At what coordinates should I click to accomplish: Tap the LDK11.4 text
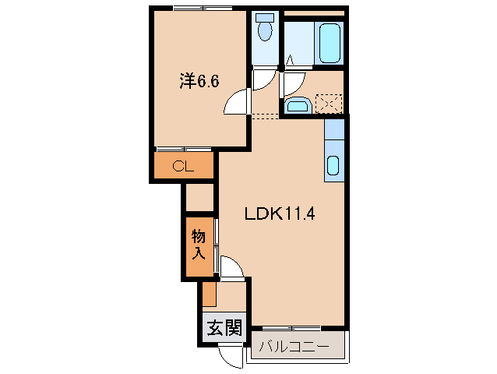coord(279,213)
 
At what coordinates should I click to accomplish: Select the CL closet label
coord(182,165)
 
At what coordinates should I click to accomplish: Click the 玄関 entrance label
coord(224,329)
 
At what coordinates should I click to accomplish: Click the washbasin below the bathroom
coord(297,106)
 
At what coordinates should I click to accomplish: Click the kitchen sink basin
coord(333,164)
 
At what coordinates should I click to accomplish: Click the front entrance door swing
coord(231,358)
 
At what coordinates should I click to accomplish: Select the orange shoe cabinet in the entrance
coord(209,293)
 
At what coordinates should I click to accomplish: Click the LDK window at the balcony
coord(291,327)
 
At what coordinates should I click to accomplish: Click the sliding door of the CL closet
coord(184,149)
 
